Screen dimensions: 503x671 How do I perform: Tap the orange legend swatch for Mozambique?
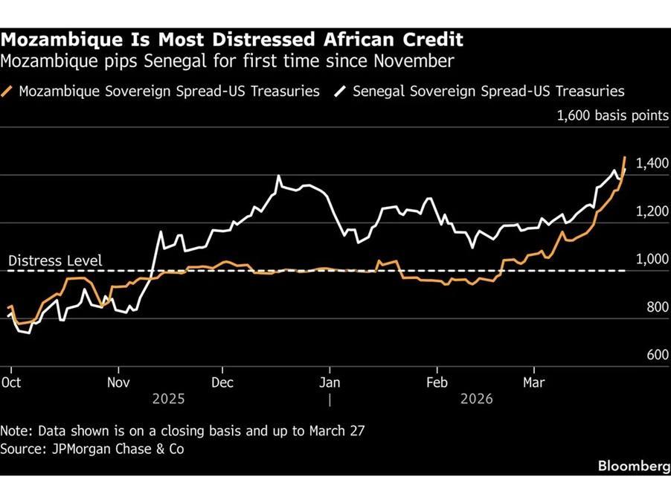click(8, 92)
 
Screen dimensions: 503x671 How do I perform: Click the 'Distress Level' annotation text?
click(55, 261)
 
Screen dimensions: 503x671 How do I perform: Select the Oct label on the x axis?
click(11, 382)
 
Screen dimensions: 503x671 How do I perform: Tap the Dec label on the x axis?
click(222, 382)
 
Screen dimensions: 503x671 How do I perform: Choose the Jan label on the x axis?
click(330, 382)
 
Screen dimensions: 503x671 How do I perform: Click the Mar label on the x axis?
click(533, 382)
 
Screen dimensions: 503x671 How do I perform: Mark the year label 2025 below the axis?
click(169, 399)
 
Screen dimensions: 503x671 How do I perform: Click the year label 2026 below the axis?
click(477, 399)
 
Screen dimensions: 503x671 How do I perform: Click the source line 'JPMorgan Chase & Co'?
click(92, 449)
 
